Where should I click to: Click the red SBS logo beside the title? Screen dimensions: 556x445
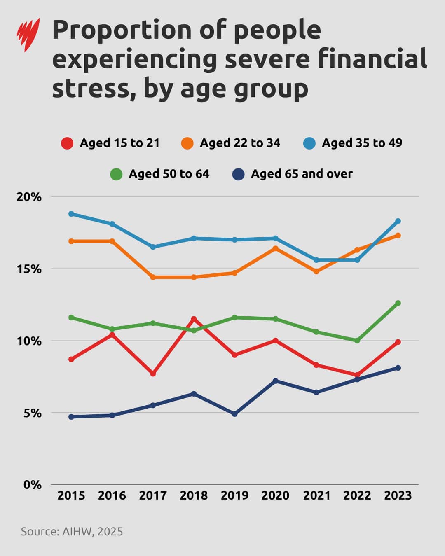point(28,35)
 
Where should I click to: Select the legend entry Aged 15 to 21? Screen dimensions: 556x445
point(110,143)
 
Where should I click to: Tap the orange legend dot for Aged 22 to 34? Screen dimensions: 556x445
point(187,143)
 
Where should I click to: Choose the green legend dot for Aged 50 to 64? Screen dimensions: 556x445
point(116,174)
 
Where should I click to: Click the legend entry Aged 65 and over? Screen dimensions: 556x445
point(293,174)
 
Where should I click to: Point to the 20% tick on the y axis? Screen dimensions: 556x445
point(29,197)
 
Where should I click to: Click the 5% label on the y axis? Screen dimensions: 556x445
point(32,413)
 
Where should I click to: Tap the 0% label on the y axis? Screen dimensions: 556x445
point(32,485)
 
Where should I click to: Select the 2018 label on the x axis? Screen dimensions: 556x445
point(194,495)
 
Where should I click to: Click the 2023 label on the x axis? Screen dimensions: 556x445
point(398,495)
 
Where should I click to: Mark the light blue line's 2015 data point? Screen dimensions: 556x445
point(71,214)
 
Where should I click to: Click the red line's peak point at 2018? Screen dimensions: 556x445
point(194,319)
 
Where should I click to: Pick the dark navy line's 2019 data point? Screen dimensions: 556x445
point(234,414)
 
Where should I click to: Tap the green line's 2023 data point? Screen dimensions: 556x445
point(398,303)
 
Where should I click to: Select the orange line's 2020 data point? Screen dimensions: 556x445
point(275,248)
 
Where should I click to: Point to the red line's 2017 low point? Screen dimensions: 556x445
point(153,374)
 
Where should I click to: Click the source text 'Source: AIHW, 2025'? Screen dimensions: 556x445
point(72,531)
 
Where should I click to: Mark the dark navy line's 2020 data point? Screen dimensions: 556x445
point(275,381)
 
